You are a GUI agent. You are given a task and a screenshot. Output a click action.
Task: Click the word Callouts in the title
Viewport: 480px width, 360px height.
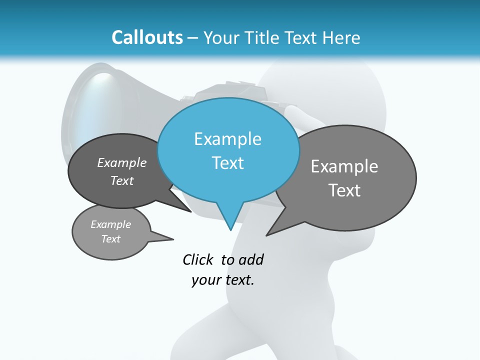147,37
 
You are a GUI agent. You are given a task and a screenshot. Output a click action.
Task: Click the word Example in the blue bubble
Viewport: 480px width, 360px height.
227,139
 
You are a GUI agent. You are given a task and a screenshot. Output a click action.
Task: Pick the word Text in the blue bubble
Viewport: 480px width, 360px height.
227,163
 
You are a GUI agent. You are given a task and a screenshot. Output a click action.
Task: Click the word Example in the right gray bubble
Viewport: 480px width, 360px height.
344,166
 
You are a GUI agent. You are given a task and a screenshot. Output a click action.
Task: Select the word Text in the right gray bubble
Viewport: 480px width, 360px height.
344,190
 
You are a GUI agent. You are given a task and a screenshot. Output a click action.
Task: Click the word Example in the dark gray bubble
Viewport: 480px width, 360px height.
122,162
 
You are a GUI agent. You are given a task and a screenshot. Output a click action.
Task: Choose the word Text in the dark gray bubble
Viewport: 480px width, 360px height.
122,180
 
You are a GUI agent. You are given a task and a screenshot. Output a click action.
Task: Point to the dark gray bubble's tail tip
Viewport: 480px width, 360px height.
190,211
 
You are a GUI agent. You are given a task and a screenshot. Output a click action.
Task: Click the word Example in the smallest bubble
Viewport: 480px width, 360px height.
110,224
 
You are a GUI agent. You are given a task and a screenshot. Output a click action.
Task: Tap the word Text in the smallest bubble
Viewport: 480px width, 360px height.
110,239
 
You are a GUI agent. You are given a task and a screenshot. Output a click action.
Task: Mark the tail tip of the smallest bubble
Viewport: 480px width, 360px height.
173,239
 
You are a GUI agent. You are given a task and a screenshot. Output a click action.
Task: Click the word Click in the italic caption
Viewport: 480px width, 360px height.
197,259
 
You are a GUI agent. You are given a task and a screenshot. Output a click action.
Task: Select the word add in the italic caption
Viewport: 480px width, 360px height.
250,259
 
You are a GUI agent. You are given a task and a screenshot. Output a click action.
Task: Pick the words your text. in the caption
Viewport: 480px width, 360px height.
223,280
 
